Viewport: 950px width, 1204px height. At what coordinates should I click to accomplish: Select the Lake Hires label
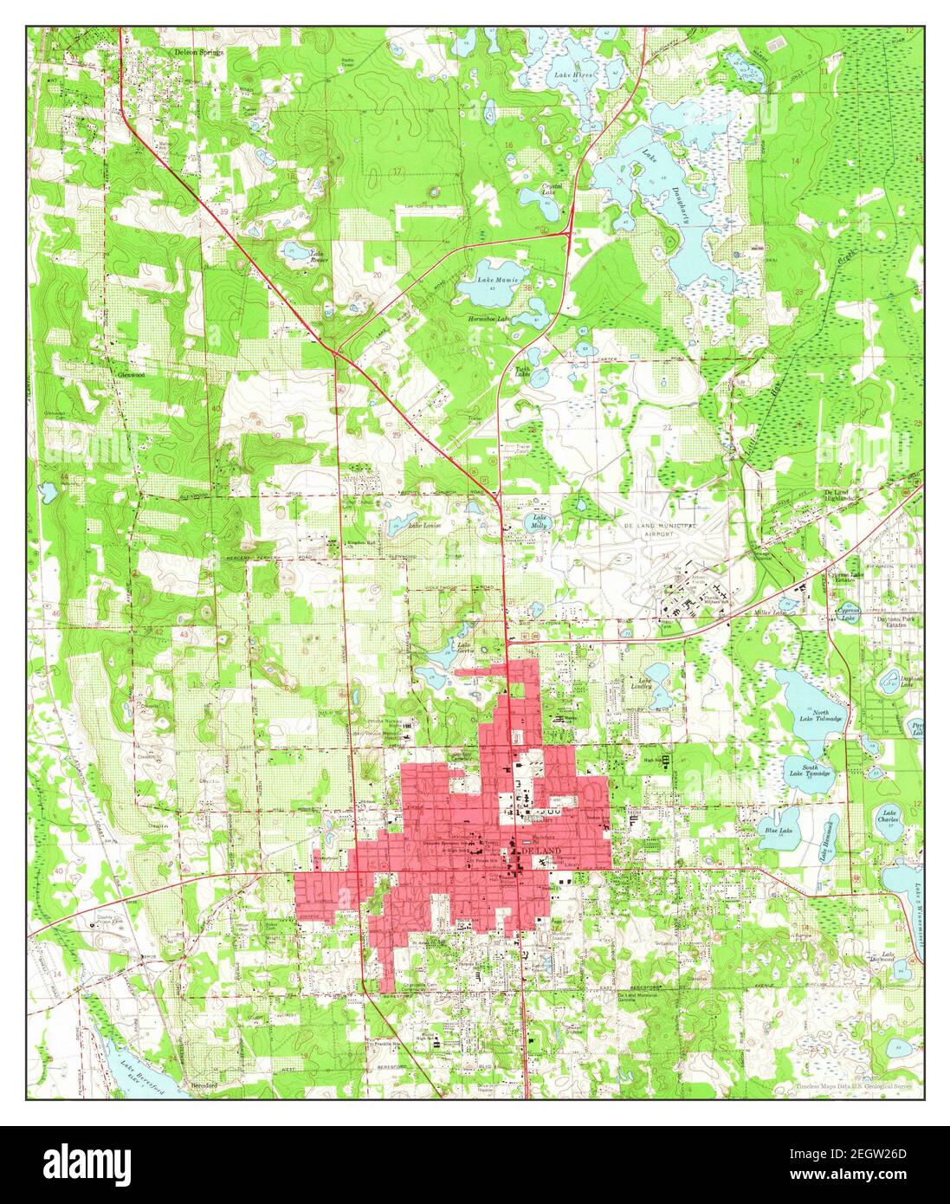click(x=575, y=75)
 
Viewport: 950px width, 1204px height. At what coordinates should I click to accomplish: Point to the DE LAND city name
click(x=541, y=851)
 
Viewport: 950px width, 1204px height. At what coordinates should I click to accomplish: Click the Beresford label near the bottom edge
click(x=202, y=1084)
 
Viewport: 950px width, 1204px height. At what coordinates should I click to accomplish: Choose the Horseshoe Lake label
click(x=488, y=318)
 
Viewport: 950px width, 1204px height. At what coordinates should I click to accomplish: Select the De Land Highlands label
click(x=839, y=495)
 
